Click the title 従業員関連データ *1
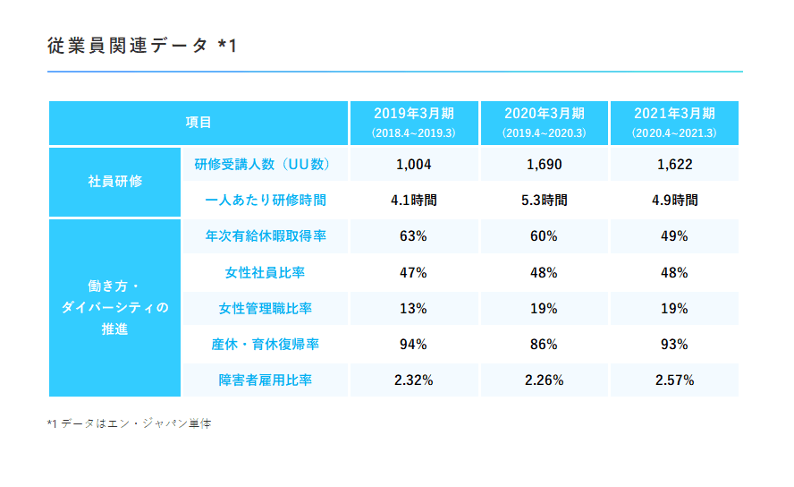pos(142,46)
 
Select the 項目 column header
pos(198,123)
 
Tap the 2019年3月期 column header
pos(413,123)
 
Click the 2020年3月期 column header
pos(544,123)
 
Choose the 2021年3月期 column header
pos(674,123)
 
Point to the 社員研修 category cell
pos(114,182)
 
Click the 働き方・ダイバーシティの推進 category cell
pos(114,308)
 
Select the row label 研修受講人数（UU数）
pos(265,165)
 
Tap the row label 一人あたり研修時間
pos(265,200)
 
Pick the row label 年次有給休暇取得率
pos(265,236)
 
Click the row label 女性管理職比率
pos(265,308)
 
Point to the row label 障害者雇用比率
pos(265,380)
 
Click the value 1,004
pos(413,165)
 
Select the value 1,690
pos(544,165)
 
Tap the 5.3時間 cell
pos(544,200)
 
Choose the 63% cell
pos(413,236)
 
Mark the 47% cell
pos(413,272)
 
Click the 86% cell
pos(544,344)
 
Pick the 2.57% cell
pos(674,380)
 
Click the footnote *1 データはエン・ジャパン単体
pos(129,423)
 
